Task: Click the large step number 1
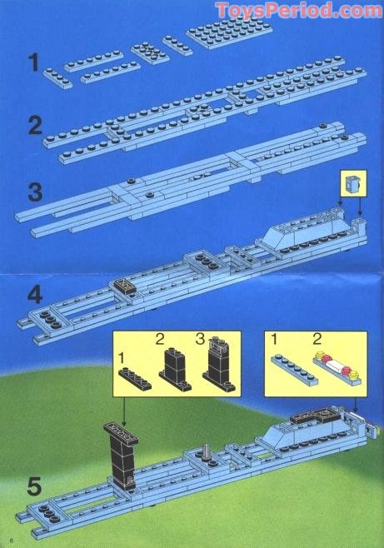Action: coord(34,62)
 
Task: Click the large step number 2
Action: coord(35,126)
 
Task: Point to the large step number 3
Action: coord(35,192)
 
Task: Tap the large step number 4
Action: coord(35,294)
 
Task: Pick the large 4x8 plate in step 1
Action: coord(229,32)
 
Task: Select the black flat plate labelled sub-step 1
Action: coord(135,378)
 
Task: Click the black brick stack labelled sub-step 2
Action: coord(176,370)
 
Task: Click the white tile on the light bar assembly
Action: coord(337,366)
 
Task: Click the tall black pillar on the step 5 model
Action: coord(122,455)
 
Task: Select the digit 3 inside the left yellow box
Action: coord(200,339)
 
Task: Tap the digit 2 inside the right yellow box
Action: coord(317,339)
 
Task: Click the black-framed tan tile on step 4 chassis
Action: coord(124,286)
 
